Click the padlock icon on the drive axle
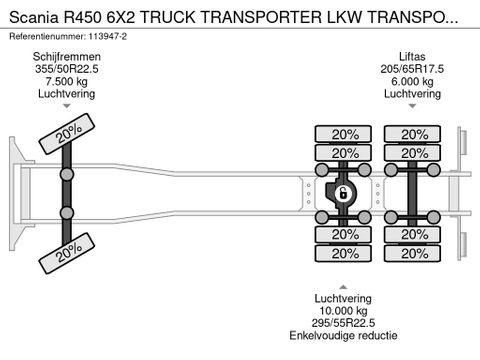click(x=342, y=193)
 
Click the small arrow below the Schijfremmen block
click(x=67, y=105)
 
